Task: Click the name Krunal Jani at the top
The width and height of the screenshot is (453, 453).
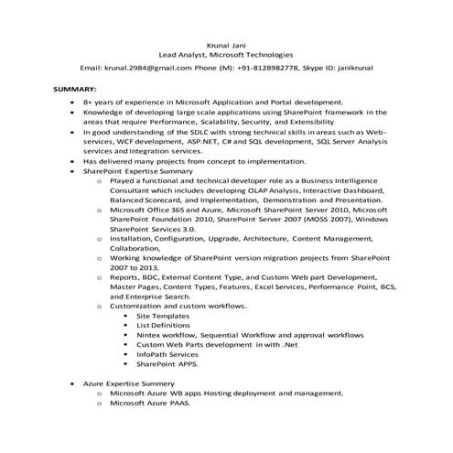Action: [225, 44]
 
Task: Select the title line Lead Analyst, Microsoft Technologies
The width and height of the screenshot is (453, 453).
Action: [225, 55]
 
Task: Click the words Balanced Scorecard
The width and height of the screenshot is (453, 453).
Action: [145, 200]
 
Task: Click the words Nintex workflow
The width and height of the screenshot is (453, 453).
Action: [167, 335]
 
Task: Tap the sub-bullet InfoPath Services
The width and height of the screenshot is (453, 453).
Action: [167, 354]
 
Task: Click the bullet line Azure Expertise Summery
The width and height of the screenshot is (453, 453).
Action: [128, 383]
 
